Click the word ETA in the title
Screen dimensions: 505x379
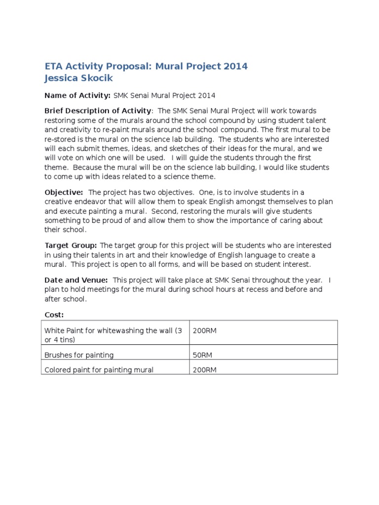[55, 66]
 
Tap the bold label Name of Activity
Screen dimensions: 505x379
[77, 95]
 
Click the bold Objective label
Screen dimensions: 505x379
[64, 192]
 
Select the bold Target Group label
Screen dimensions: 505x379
[71, 245]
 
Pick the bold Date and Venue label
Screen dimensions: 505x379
[76, 280]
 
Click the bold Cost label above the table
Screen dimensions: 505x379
[54, 315]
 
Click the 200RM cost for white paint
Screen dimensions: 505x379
[205, 330]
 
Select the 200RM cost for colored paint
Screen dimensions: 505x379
[205, 370]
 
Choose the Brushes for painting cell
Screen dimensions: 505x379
[79, 355]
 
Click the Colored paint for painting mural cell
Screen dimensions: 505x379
[99, 370]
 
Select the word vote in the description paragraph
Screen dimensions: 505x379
[73, 158]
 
